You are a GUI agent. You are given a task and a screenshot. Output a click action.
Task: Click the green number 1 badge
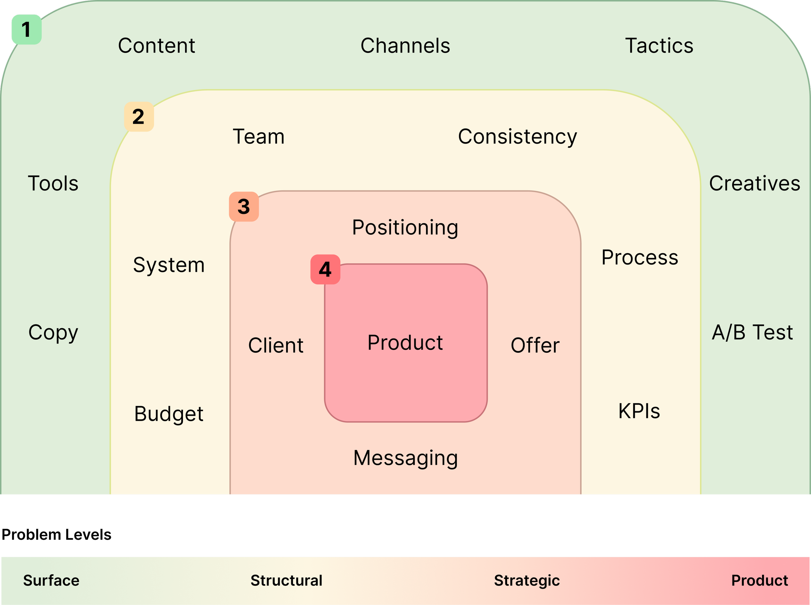point(26,29)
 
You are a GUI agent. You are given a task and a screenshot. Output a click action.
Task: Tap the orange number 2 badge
point(139,117)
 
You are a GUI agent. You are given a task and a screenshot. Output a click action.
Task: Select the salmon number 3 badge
point(244,206)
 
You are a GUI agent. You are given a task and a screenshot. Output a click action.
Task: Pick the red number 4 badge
point(325,269)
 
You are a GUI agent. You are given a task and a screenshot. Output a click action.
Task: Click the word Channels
point(405,46)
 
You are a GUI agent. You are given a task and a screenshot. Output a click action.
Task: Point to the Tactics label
point(659,46)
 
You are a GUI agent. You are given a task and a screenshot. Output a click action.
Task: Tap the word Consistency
point(517,137)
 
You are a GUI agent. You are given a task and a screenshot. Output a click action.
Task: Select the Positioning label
point(405,228)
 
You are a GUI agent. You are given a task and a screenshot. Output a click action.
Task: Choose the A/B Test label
point(752,333)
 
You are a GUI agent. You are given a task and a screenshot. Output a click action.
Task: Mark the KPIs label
point(639,411)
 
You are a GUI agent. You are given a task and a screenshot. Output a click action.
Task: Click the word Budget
point(169,414)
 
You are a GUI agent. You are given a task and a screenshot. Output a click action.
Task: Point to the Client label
point(276,345)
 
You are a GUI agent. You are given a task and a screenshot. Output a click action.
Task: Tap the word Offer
point(535,345)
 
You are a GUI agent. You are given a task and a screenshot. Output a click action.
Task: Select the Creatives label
point(755,183)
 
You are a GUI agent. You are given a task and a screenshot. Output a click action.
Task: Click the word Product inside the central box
point(405,343)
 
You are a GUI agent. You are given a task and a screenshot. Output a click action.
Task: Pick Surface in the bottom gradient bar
point(51,580)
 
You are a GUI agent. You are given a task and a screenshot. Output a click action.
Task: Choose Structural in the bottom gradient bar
point(286,580)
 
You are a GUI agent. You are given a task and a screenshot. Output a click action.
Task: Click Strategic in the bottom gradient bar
point(527,580)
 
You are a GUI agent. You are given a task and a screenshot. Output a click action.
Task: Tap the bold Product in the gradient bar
point(759,580)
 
